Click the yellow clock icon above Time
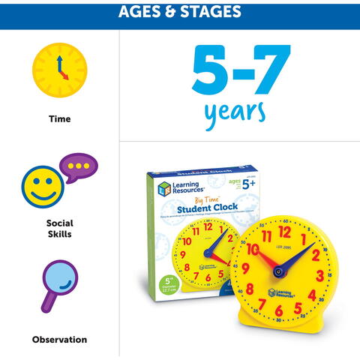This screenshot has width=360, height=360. tap(59, 70)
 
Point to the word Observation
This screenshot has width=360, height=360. tap(59, 340)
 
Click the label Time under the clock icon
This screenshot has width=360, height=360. tap(59, 118)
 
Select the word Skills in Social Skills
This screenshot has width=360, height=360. tap(59, 235)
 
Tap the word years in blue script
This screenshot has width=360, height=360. tap(235, 110)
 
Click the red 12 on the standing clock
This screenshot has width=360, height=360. tap(284, 232)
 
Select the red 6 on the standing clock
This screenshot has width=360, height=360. tap(279, 310)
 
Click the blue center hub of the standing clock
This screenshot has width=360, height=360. tap(281, 271)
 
